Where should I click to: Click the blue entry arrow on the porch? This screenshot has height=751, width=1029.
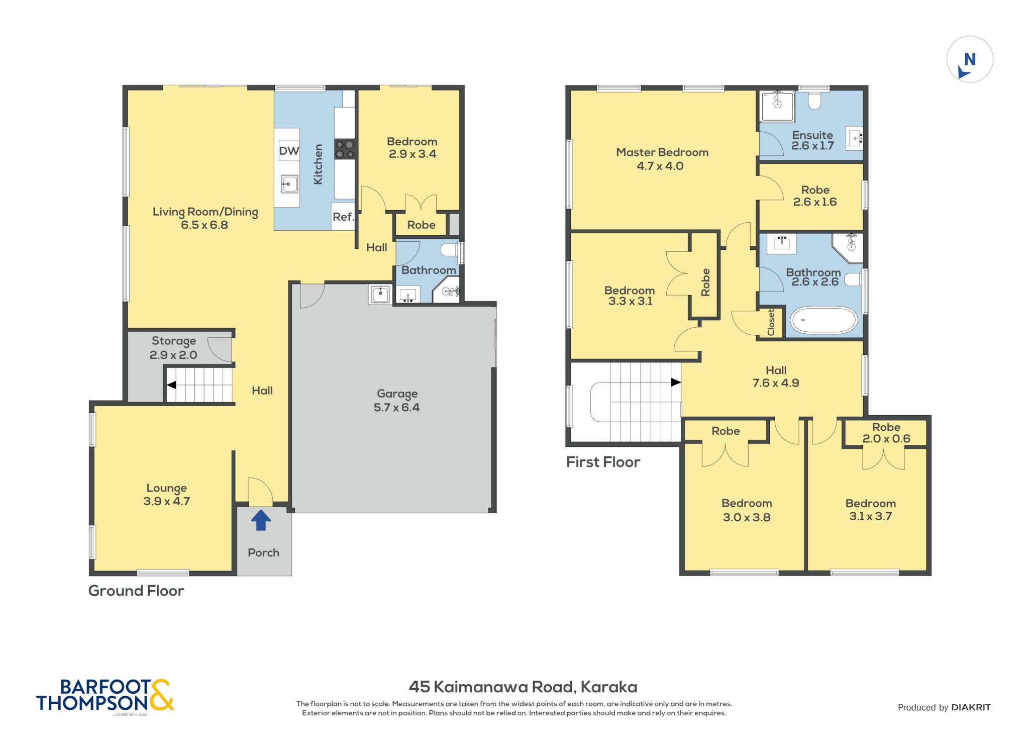tap(261, 520)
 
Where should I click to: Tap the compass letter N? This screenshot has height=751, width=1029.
tap(970, 60)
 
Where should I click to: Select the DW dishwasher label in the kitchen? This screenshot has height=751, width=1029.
tap(289, 151)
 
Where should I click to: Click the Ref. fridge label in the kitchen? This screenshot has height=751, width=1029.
tap(343, 217)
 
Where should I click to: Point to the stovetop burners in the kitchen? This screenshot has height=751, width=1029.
tap(345, 149)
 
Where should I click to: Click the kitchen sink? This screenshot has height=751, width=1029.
tap(289, 184)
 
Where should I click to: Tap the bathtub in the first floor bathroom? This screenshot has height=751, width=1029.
tap(824, 320)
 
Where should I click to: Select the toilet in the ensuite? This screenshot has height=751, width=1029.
tap(814, 100)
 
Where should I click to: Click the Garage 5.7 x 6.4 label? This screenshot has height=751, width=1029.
tap(397, 401)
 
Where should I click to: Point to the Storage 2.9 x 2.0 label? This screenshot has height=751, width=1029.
tap(173, 348)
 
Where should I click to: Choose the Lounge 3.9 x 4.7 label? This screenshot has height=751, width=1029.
tap(166, 495)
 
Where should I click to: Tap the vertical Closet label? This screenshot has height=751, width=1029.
tap(771, 322)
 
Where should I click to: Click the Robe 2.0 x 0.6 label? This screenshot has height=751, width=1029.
tap(886, 433)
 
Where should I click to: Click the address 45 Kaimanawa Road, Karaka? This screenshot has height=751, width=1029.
tap(523, 687)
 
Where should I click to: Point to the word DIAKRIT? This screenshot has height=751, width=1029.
tap(971, 707)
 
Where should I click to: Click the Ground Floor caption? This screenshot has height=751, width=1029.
tap(136, 591)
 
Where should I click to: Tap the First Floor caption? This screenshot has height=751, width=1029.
tap(603, 462)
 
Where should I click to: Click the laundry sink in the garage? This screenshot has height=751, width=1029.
tap(380, 294)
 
